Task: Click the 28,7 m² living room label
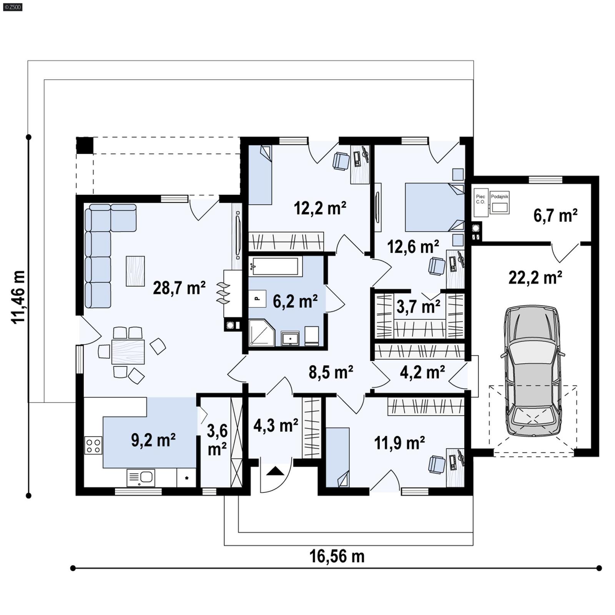179,288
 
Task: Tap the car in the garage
533,371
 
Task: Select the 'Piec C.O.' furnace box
481,202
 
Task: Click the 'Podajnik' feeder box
499,203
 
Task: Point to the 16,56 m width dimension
337,556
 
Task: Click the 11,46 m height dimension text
18,297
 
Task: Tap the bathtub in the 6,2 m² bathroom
274,266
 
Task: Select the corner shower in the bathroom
261,332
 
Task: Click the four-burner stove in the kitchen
93,446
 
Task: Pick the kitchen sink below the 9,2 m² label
141,478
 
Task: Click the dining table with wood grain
128,352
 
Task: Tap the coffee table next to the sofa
135,271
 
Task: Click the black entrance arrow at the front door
275,471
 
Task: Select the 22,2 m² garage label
535,277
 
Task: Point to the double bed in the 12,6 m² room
434,207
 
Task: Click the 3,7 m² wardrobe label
418,307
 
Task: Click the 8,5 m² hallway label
331,372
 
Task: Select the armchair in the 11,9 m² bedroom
437,464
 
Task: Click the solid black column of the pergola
85,145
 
